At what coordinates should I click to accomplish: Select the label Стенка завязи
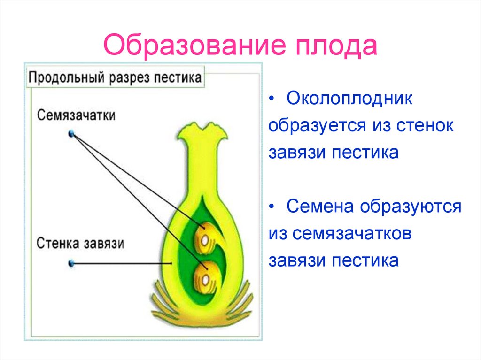tap(80, 244)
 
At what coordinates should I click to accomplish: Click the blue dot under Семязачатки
tap(72, 134)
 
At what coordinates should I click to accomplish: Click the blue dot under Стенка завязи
tap(71, 264)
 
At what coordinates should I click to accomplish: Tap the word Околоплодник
tap(350, 99)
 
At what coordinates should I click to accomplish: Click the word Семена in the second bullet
tap(319, 207)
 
